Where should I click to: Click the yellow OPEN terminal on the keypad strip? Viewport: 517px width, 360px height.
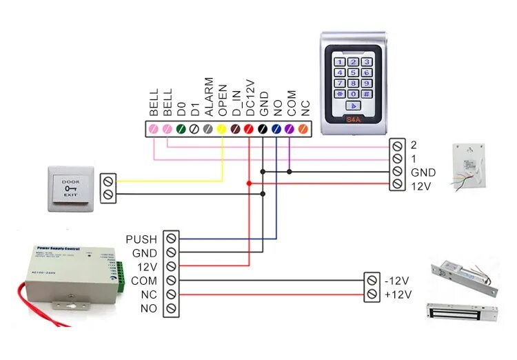[x=222, y=128]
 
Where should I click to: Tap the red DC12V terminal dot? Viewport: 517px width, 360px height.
[x=249, y=128]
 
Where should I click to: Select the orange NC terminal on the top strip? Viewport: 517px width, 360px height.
[x=303, y=128]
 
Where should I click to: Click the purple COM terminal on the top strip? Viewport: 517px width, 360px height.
[x=290, y=128]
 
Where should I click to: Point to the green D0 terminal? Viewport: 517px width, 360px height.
[x=181, y=128]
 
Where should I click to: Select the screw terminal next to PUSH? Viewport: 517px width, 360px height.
[x=171, y=239]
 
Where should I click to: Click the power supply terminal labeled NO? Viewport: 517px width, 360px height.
[x=171, y=308]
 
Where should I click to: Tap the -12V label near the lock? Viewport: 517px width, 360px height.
[x=398, y=281]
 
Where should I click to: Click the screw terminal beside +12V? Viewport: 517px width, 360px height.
[x=372, y=294]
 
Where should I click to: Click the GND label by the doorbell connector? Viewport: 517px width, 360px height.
[x=423, y=172]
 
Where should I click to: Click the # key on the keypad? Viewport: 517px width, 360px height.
[x=367, y=94]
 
